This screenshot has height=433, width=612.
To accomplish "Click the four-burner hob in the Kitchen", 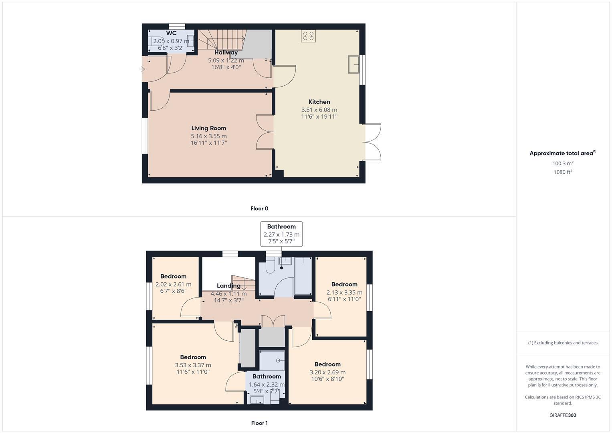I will (308, 36).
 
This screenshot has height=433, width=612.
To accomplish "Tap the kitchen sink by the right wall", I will (353, 65).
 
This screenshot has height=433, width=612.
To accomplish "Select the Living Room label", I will (208, 128).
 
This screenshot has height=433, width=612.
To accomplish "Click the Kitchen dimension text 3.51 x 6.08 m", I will (319, 109).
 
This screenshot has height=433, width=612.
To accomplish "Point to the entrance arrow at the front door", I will (142, 69).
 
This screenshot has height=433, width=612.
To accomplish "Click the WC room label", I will (171, 33).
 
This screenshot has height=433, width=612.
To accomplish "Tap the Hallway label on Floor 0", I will (226, 53).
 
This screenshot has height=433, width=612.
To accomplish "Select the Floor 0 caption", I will (259, 208).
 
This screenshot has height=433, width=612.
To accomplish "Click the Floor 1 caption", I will (259, 423).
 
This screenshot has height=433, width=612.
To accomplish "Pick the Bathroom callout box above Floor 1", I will (281, 234).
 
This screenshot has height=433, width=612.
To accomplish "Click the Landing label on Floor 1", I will (228, 286).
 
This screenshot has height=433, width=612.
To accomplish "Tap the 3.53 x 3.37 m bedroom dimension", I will (193, 365).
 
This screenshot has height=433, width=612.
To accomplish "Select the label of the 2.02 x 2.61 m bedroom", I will (173, 276).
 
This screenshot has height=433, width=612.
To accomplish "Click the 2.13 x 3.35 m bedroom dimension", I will (344, 292).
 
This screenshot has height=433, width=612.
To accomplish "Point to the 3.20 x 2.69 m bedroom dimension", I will (327, 372).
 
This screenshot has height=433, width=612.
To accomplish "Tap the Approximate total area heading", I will (562, 153).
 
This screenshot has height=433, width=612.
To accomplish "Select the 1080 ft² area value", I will (562, 172).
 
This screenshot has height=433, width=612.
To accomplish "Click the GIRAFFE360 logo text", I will (562, 415).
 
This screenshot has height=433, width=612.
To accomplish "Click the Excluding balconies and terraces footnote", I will (562, 343).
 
